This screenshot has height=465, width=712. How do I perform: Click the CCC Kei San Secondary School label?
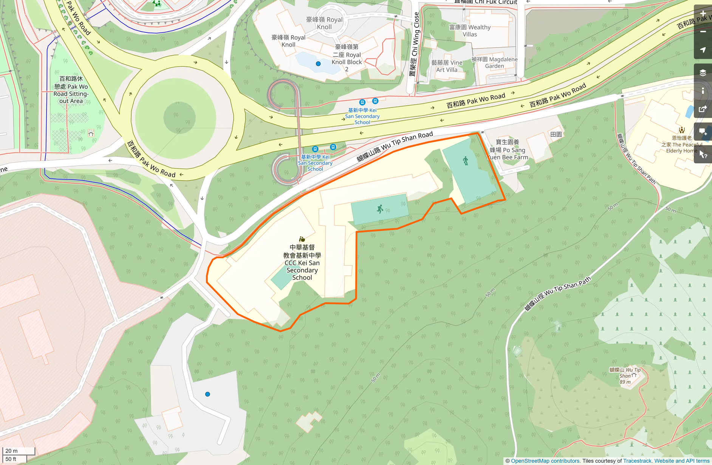pyautogui.click(x=302, y=262)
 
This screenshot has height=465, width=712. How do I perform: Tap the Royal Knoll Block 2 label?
pyautogui.click(x=347, y=58)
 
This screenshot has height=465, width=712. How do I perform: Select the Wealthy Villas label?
pyautogui.click(x=470, y=31)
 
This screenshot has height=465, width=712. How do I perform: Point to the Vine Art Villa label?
pyautogui.click(x=447, y=66)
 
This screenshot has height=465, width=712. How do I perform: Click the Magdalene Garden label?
pyautogui.click(x=494, y=63)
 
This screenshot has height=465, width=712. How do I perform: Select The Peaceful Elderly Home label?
pyautogui.click(x=682, y=144)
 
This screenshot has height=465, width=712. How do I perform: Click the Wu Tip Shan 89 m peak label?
pyautogui.click(x=625, y=375)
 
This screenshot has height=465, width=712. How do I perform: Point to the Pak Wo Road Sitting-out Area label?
pyautogui.click(x=71, y=90)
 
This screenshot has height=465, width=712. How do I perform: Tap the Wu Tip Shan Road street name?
pyautogui.click(x=395, y=146)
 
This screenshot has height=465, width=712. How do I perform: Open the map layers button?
pyautogui.click(x=703, y=73)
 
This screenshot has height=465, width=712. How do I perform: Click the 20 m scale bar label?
pyautogui.click(x=11, y=451)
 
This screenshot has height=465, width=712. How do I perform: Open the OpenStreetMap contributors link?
pyautogui.click(x=545, y=461)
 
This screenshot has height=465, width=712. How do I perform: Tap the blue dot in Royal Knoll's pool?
pyautogui.click(x=318, y=64)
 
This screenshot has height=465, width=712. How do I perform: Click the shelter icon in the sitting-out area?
pyautogui.click(x=91, y=133)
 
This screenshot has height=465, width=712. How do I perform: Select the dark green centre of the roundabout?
pyautogui.click(x=179, y=117)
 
